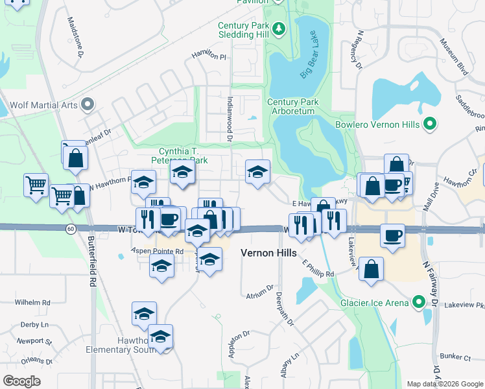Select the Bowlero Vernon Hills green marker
pyautogui.click(x=429, y=123)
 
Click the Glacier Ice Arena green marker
pyautogui.click(x=420, y=302)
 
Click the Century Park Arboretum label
pyautogui.click(x=291, y=107)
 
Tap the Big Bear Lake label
pyautogui.click(x=310, y=54)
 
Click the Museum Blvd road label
pyautogui.click(x=453, y=57)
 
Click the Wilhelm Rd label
pyautogui.click(x=33, y=303)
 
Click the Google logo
pyautogui.click(x=22, y=381)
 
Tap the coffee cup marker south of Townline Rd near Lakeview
pyautogui.click(x=392, y=235)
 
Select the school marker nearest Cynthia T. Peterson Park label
pyautogui.click(x=183, y=172)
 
